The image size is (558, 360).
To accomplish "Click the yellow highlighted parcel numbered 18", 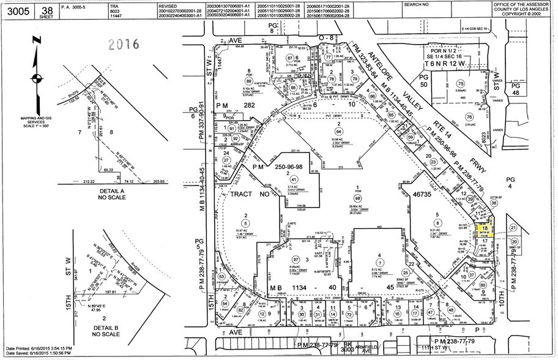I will pos(486,228).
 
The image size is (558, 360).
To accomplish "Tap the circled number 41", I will pos(283,179).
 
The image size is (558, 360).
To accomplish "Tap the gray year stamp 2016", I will pos(124,44).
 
